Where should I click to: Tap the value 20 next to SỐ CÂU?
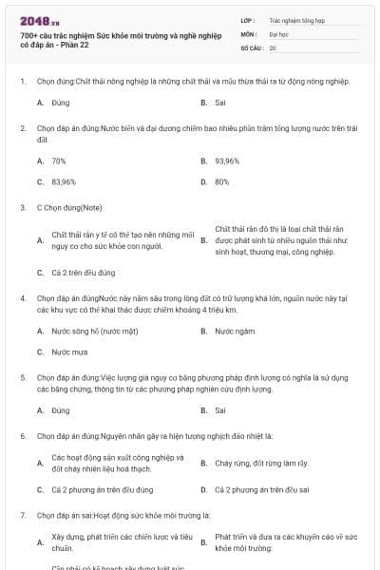(x=273, y=47)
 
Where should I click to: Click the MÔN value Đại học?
(x=278, y=33)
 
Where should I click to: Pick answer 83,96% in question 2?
(x=64, y=181)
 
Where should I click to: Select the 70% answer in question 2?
(x=59, y=161)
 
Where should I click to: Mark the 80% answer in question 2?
(x=222, y=181)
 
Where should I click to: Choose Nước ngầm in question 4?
(x=235, y=332)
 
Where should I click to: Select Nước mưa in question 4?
(x=69, y=351)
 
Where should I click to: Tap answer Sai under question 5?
(x=220, y=410)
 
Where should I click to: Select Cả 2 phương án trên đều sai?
(x=262, y=490)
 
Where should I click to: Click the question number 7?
(x=22, y=514)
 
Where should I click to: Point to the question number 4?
(x=22, y=298)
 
